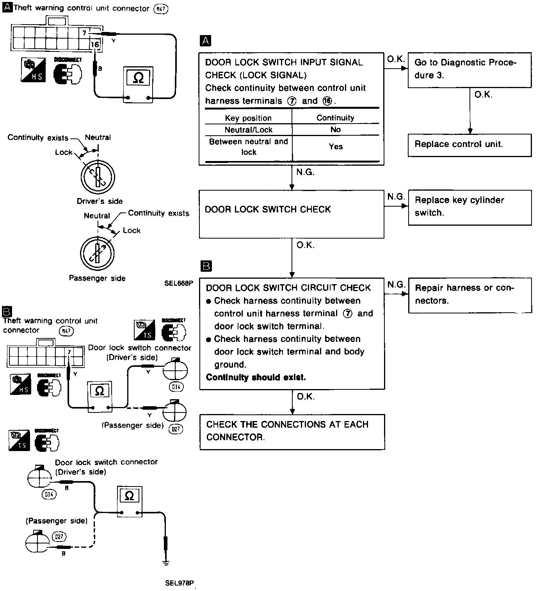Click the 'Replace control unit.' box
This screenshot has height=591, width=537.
tap(469, 145)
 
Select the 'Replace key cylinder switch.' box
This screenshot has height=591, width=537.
tap(469, 207)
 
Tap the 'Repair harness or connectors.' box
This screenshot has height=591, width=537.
tap(469, 295)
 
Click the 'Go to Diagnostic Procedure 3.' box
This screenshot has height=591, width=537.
tap(469, 70)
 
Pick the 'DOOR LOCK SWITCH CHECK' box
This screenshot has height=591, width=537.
tap(291, 214)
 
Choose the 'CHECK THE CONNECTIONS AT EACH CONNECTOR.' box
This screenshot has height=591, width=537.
tap(292, 432)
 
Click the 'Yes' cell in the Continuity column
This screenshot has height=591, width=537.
tap(336, 147)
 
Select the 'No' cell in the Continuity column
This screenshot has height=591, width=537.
tap(336, 129)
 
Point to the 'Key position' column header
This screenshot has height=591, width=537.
tap(248, 118)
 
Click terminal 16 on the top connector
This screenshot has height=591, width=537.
tap(95, 45)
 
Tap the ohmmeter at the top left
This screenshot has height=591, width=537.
tap(138, 84)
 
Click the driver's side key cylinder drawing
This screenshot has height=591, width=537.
tap(98, 176)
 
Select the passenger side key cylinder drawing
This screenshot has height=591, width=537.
tap(97, 253)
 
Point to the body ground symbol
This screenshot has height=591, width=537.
tap(165, 563)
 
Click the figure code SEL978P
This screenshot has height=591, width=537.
tap(179, 583)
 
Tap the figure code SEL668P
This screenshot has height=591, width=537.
tap(178, 283)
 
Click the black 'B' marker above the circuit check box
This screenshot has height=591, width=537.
tap(205, 266)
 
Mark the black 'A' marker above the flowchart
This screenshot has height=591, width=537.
tap(205, 41)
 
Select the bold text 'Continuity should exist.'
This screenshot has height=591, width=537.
tap(256, 377)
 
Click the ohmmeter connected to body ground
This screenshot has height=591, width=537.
tap(129, 502)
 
